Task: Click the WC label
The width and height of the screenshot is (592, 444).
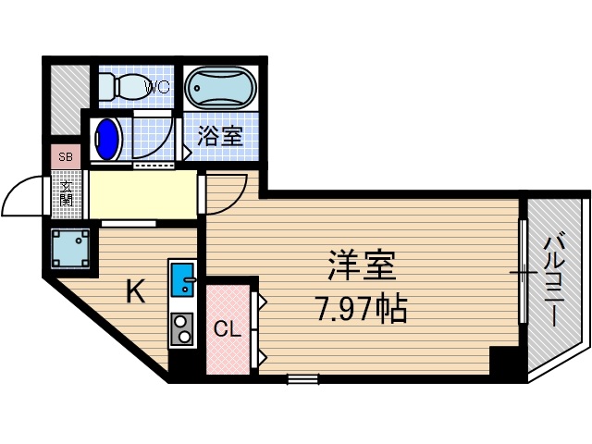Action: (157, 89)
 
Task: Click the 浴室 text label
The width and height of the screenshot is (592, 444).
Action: (220, 136)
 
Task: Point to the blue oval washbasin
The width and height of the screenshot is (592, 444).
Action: (108, 139)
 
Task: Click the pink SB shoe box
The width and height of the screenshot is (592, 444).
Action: (66, 156)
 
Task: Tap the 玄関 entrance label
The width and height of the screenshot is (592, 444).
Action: (67, 194)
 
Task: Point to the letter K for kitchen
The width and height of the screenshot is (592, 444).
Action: (135, 292)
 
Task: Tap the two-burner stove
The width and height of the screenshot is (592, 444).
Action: (182, 327)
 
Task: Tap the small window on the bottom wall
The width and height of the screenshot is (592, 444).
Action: (302, 377)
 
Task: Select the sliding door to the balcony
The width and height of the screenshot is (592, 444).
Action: (523, 273)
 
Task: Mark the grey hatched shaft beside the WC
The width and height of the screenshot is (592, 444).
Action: (68, 97)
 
